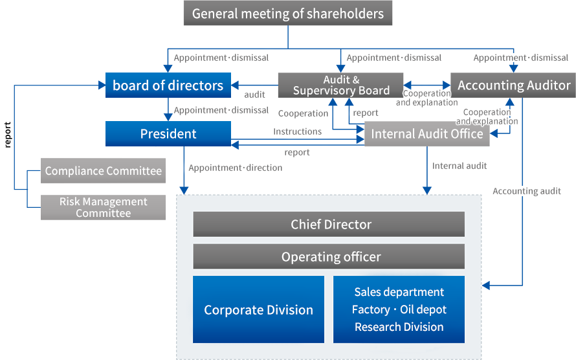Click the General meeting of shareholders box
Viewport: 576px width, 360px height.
click(x=288, y=13)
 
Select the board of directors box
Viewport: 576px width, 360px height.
click(x=168, y=85)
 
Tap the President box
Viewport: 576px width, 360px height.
click(x=168, y=134)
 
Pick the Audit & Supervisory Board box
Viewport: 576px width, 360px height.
click(x=341, y=85)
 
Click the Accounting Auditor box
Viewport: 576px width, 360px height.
click(x=514, y=85)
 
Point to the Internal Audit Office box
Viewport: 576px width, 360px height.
click(x=426, y=134)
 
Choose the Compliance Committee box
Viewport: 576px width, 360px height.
click(x=103, y=171)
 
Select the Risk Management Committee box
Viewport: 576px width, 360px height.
click(x=103, y=207)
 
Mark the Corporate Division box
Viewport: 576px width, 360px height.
click(x=258, y=309)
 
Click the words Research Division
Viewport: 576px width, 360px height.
click(x=399, y=327)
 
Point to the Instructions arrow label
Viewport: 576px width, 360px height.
click(x=297, y=131)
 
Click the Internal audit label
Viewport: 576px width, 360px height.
click(x=460, y=166)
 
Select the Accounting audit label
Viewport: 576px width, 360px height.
click(x=527, y=191)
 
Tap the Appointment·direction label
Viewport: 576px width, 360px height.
click(x=236, y=168)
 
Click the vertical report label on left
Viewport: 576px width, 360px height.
click(x=8, y=133)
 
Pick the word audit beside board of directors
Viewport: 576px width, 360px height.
click(x=254, y=95)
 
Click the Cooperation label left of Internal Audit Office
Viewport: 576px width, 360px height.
click(x=303, y=113)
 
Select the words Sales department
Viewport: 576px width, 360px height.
click(x=399, y=292)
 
